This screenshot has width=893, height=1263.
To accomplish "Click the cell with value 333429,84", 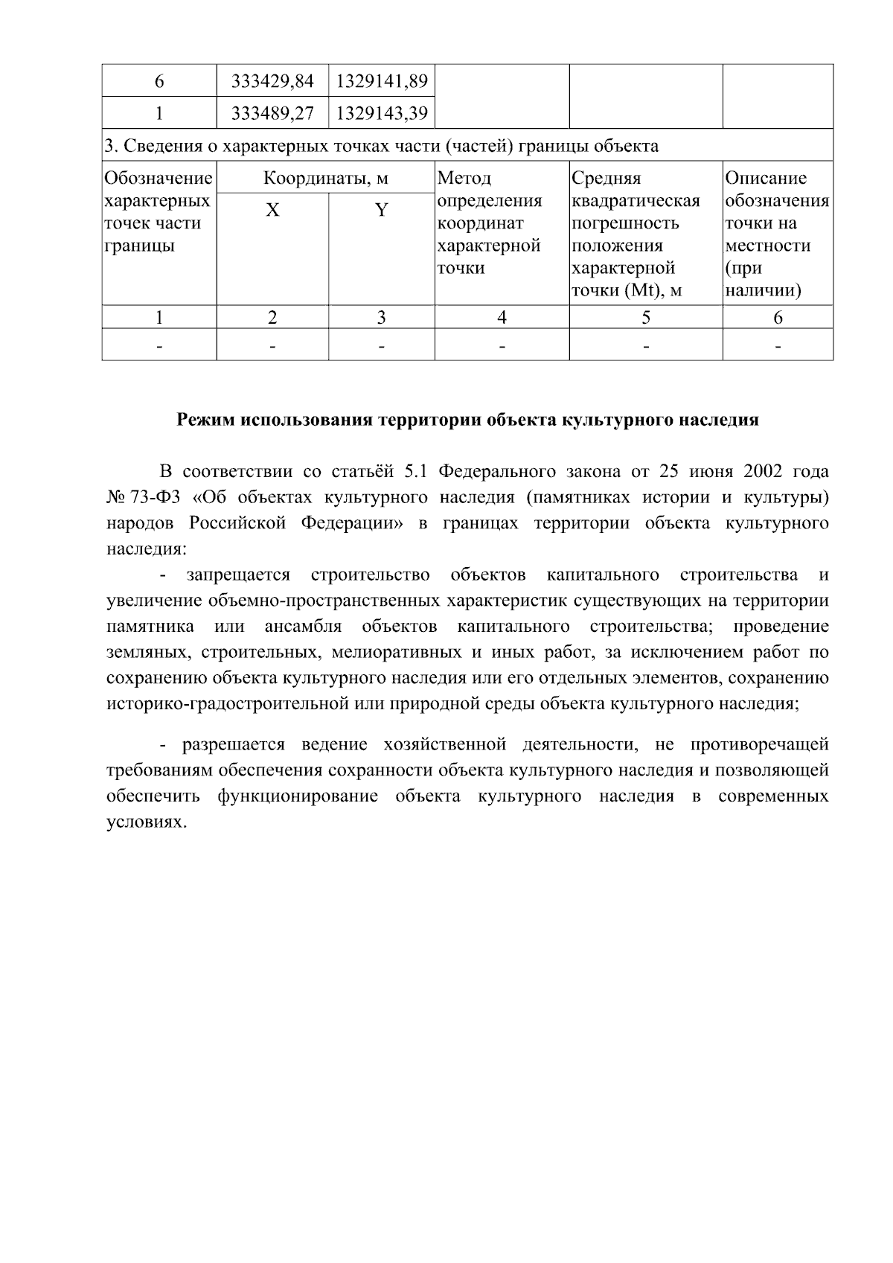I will tap(272, 81).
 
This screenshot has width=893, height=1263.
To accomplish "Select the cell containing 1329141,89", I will tap(382, 81).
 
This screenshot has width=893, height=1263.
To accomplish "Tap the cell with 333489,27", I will tap(272, 113).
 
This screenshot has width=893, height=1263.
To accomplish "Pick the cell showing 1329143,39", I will tap(382, 113).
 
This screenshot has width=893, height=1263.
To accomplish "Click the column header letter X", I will tap(273, 211).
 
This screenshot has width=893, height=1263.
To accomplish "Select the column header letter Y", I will tap(382, 211).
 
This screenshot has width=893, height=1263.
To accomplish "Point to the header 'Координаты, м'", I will tap(326, 179).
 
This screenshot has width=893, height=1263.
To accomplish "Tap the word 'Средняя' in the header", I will tap(606, 179).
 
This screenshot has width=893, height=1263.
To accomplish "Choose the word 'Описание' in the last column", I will tap(766, 179).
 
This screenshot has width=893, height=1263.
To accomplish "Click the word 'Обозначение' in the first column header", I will tap(159, 179).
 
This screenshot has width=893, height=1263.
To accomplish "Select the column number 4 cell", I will tap(502, 318).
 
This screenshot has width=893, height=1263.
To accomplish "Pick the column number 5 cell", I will tap(646, 318).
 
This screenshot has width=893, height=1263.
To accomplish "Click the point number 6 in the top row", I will tap(159, 81).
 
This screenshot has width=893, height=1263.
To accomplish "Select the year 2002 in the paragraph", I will tap(755, 472).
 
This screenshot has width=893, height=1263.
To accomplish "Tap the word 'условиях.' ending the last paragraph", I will tap(144, 822).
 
